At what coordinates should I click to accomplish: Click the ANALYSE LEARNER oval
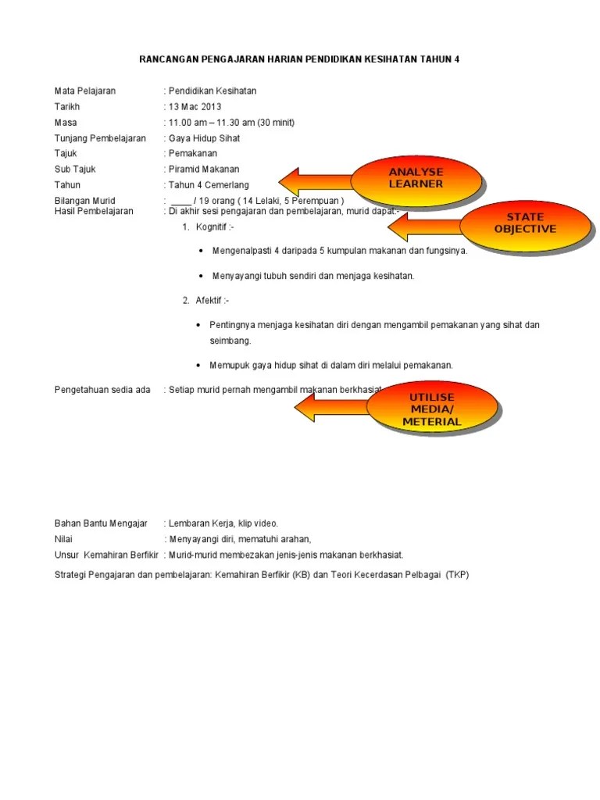click(416, 178)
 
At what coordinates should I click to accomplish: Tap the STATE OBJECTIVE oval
click(524, 223)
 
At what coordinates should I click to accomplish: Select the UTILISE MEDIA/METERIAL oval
click(432, 409)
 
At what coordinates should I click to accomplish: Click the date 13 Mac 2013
click(195, 106)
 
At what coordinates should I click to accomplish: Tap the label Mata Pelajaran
click(85, 91)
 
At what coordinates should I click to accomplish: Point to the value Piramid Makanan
click(204, 169)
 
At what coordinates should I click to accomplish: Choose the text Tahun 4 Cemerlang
click(211, 184)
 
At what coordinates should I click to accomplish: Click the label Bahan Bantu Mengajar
click(101, 523)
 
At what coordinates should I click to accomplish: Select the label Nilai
click(63, 539)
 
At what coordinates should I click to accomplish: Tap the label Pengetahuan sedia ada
click(102, 390)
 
